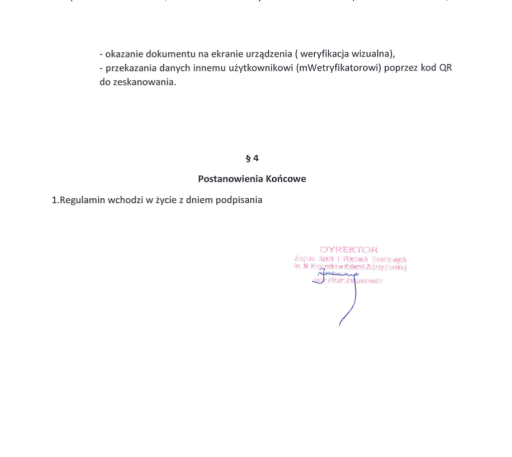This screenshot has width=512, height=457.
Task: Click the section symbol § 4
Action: click(x=252, y=158)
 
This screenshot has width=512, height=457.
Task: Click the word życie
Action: click(x=158, y=201)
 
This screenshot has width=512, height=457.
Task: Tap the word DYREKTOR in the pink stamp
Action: click(x=349, y=249)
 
